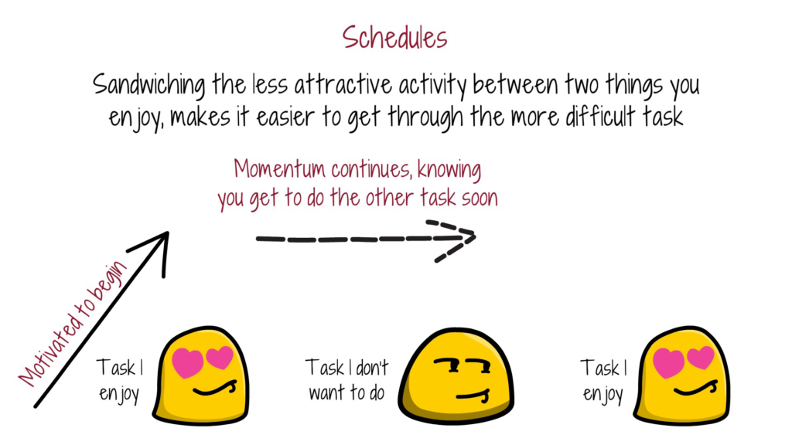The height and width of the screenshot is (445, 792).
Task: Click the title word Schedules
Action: click(394, 36)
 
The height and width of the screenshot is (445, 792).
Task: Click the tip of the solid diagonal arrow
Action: click(166, 233)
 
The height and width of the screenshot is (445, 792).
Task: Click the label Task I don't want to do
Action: click(346, 379)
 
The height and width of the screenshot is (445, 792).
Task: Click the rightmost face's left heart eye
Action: click(669, 362)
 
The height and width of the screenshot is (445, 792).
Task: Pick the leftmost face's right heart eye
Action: click(220, 358)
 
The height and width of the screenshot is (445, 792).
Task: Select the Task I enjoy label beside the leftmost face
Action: click(119, 379)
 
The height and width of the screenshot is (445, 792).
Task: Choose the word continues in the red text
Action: click(375, 168)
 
